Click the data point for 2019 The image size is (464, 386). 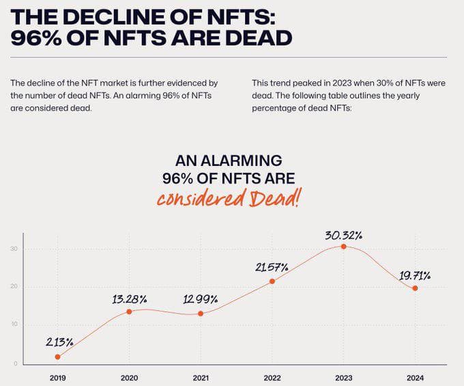(57, 357)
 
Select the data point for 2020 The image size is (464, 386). (129, 312)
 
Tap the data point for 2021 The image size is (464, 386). (200, 314)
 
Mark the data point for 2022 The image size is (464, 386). (272, 281)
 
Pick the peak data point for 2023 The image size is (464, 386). (343, 246)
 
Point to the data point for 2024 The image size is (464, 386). (415, 288)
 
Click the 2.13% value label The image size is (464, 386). (59, 342)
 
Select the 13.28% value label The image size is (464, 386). (130, 299)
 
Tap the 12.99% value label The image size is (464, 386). (201, 299)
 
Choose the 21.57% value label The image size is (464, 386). (272, 267)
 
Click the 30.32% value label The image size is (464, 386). (343, 235)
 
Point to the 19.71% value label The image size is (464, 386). (414, 275)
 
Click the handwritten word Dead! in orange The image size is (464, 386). (272, 199)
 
